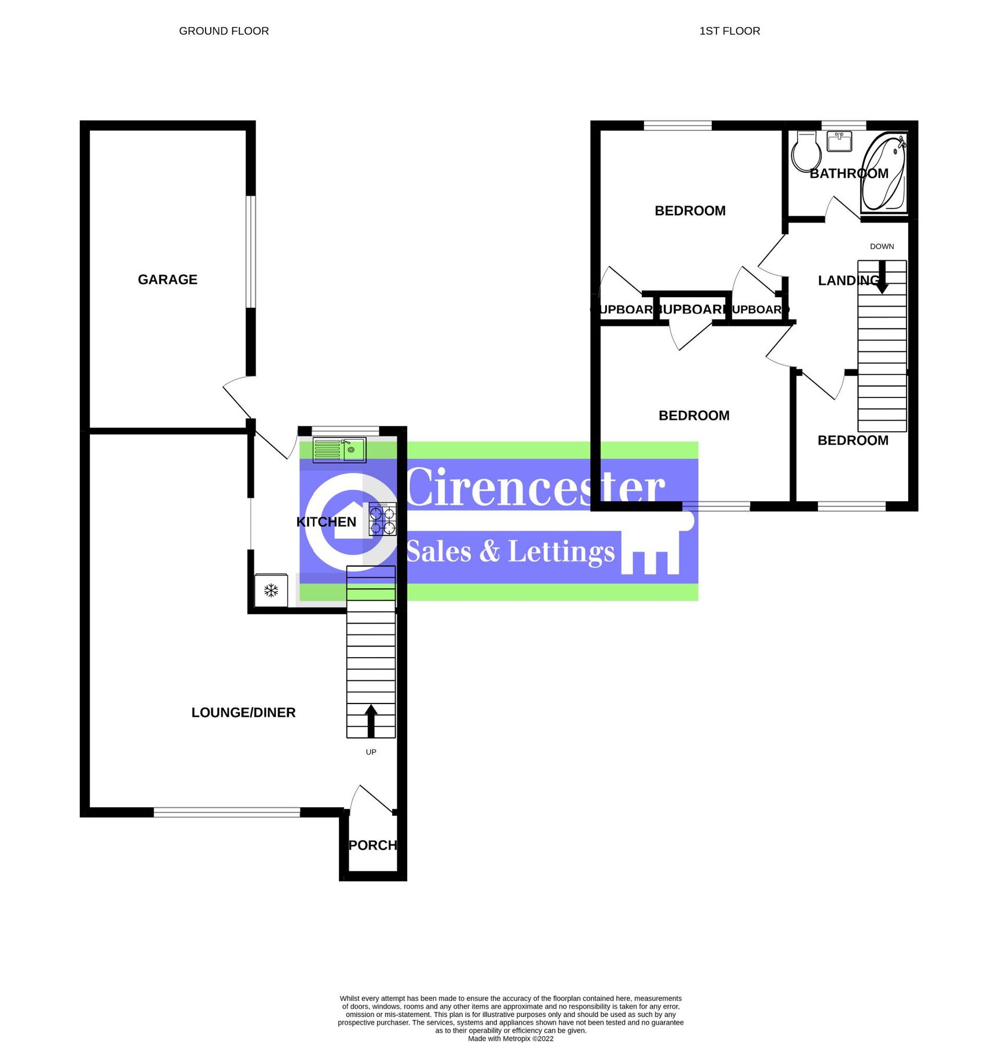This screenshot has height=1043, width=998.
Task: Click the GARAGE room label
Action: (x=167, y=279)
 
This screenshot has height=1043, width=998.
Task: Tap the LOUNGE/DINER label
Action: (x=243, y=712)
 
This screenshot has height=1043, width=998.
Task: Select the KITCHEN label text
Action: (x=326, y=521)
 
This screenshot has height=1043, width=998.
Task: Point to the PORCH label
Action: (x=372, y=845)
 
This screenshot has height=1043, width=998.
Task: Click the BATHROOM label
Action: (x=849, y=173)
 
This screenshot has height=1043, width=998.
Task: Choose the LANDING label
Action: (x=849, y=280)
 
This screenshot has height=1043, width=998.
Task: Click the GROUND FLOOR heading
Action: (x=224, y=31)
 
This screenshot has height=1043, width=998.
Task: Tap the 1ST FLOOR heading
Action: (x=729, y=31)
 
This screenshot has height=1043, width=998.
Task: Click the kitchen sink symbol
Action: (x=339, y=450)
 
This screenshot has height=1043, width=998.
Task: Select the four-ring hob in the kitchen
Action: (x=382, y=519)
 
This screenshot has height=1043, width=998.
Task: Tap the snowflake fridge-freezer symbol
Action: (x=271, y=590)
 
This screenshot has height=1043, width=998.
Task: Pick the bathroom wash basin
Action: (x=839, y=141)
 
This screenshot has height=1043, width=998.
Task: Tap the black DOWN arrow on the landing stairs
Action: (x=882, y=276)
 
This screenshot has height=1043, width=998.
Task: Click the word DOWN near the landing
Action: (x=882, y=246)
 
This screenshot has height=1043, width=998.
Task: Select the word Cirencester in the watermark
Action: (x=535, y=488)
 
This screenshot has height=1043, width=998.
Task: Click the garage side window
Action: (x=250, y=251)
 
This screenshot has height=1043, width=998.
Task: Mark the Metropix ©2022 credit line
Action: (x=510, y=1038)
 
